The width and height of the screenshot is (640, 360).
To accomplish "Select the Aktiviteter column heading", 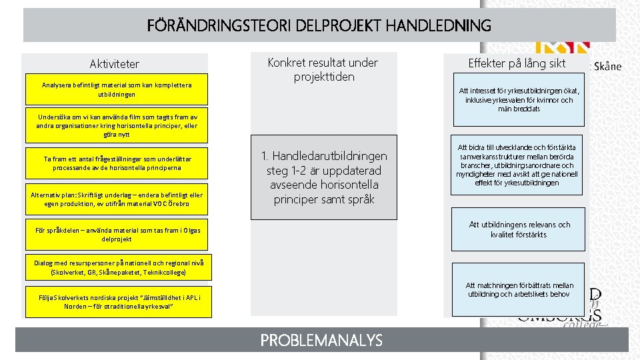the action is click(x=115, y=64).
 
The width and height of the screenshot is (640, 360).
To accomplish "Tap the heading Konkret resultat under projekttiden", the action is click(x=323, y=69).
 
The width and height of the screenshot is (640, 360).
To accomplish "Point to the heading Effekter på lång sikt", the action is click(x=517, y=63).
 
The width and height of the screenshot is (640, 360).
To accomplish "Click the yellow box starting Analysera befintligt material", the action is click(x=117, y=90).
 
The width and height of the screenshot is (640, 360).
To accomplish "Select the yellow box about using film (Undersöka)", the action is click(x=117, y=125).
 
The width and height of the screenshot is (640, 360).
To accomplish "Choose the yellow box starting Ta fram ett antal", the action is click(x=117, y=163).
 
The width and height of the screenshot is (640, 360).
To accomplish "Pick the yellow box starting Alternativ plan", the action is click(x=117, y=199).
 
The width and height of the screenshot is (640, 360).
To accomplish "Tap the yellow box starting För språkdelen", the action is click(x=117, y=234).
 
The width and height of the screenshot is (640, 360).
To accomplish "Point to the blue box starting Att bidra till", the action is click(x=517, y=165).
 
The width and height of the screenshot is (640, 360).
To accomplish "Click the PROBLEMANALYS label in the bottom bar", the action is click(x=321, y=341).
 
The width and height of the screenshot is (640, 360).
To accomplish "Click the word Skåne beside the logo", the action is click(x=606, y=66).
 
